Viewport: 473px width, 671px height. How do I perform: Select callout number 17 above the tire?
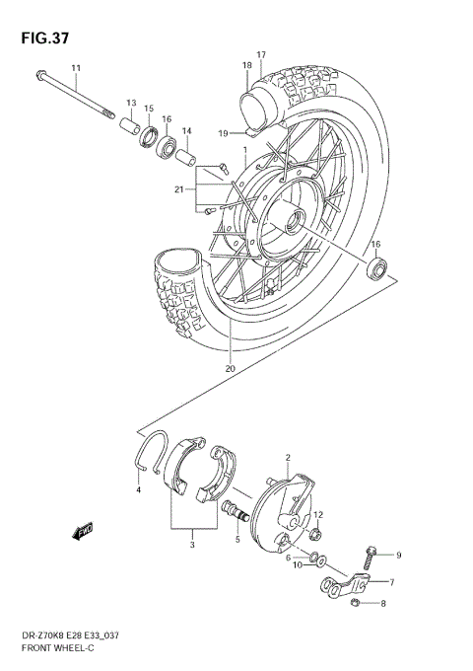[x=261, y=54]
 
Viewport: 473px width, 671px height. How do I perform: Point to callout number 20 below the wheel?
[x=229, y=368]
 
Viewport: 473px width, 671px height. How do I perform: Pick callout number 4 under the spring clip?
[x=139, y=489]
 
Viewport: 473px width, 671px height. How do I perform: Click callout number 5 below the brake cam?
[x=237, y=540]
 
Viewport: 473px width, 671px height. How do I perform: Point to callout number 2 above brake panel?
[x=287, y=458]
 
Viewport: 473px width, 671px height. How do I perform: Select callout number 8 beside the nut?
[x=382, y=603]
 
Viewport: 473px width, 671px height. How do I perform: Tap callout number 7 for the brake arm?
[x=390, y=582]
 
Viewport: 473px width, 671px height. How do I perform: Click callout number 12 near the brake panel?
[x=318, y=514]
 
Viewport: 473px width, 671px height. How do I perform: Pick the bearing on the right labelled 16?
[x=376, y=267]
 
